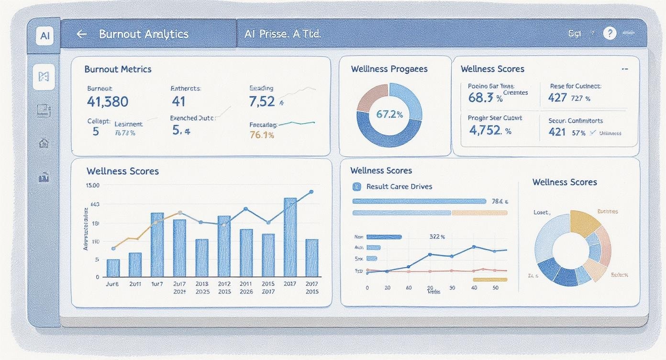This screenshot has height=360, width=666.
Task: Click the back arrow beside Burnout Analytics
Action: [x=82, y=34]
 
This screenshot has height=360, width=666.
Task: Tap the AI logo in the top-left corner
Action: [x=45, y=35]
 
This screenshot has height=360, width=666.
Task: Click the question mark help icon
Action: [x=609, y=33]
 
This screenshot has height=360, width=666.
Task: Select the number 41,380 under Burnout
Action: [x=108, y=101]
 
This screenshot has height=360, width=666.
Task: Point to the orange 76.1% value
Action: [x=262, y=135]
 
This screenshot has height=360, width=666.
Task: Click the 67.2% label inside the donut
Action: [x=389, y=114]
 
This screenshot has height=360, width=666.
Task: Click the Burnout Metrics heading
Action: [x=118, y=69]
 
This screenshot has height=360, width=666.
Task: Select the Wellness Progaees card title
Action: [x=389, y=69]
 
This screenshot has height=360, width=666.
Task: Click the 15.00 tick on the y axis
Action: [x=92, y=185]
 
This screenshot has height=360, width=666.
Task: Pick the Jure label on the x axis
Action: [x=112, y=283]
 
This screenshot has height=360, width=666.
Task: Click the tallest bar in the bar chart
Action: [x=290, y=237]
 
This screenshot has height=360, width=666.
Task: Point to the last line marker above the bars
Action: [x=311, y=192]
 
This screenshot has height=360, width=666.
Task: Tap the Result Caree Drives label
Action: [x=399, y=186]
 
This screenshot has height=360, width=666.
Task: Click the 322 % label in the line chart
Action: [x=437, y=236]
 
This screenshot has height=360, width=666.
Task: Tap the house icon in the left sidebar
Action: [x=44, y=143]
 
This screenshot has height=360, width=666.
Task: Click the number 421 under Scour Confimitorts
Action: [x=557, y=132]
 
